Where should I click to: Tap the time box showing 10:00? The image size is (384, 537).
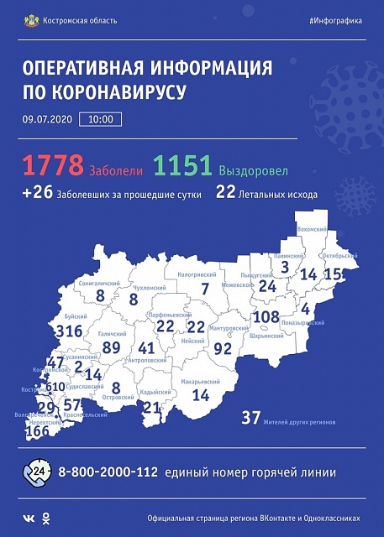[99, 120]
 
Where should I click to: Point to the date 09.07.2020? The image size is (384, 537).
[46, 120]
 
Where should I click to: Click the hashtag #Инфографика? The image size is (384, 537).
[335, 20]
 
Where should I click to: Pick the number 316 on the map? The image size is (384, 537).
[68, 331]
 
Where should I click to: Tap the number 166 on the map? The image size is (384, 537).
[37, 432]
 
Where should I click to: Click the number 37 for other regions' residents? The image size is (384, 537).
[250, 417]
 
